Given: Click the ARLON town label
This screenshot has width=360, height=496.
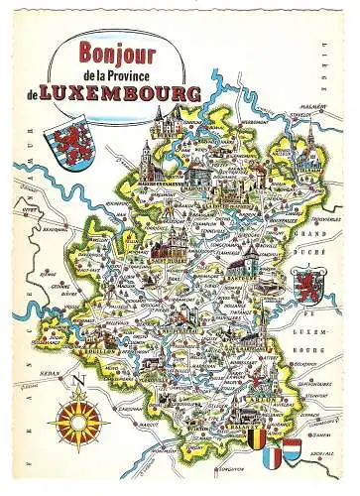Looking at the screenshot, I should (x=267, y=392).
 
